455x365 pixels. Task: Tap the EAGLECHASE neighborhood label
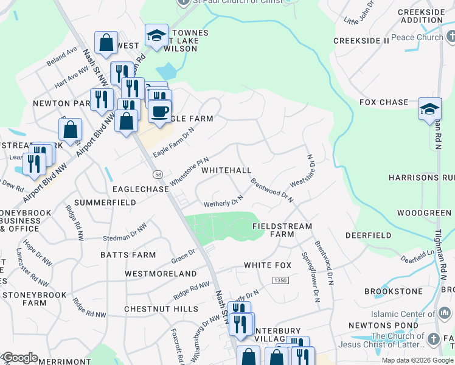click(x=140, y=190)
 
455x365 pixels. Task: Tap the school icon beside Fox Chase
click(x=429, y=109)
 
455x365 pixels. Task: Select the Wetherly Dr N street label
click(x=223, y=201)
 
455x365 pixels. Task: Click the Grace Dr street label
click(x=183, y=252)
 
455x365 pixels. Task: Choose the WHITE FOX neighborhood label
click(x=268, y=265)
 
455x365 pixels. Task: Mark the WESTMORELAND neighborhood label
click(x=161, y=274)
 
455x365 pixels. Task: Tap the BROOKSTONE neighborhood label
click(x=394, y=291)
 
